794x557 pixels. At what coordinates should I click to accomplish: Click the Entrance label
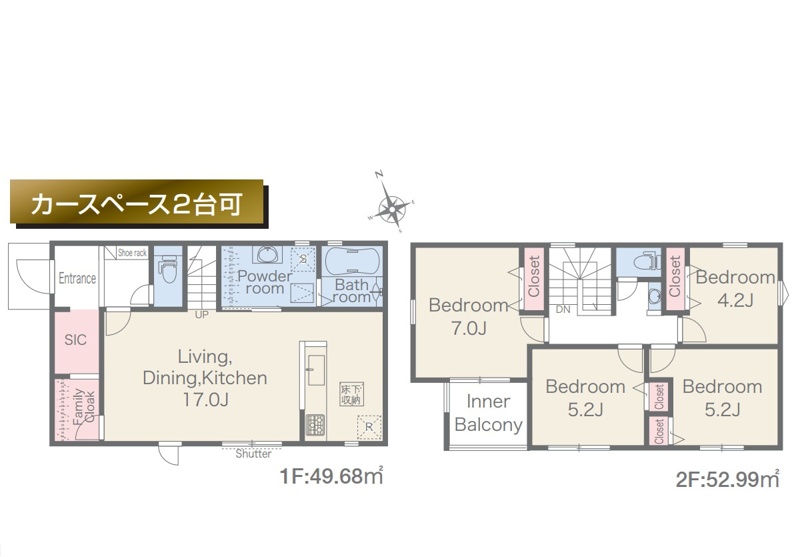(x=77, y=278)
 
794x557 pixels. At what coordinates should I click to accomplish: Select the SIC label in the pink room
(x=75, y=340)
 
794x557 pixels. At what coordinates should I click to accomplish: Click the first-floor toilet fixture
(x=167, y=270)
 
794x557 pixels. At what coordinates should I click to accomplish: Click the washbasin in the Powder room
(x=268, y=255)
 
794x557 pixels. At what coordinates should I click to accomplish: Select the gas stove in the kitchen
(x=315, y=424)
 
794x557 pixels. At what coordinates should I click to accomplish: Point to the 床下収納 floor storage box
(x=351, y=394)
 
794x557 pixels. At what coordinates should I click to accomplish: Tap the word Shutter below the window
(x=254, y=454)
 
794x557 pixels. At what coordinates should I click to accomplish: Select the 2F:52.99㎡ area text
(x=727, y=479)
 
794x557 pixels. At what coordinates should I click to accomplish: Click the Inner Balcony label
(x=489, y=414)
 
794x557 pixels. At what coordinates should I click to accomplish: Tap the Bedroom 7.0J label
(x=469, y=316)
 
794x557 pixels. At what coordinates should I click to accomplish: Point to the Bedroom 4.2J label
(x=735, y=288)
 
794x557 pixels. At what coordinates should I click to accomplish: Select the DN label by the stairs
(x=563, y=310)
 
